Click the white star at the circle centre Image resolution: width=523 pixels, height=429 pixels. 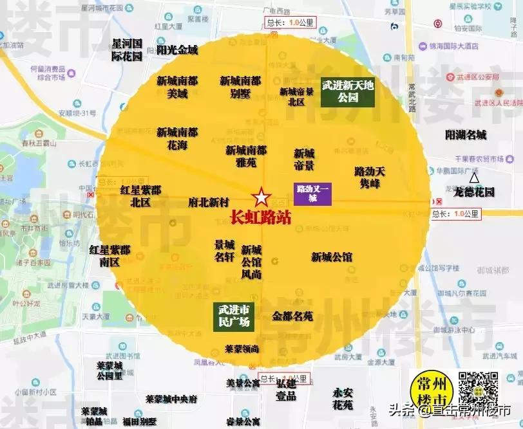[261, 197]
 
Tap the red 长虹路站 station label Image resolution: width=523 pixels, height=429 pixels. [260, 217]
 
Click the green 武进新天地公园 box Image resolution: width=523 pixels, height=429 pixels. [348, 91]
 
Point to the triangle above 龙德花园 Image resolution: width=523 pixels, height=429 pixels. [474, 177]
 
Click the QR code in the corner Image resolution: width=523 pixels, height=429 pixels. [478, 390]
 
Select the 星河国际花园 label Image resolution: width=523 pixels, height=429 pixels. [126, 50]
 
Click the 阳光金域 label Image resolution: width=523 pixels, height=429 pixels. [177, 50]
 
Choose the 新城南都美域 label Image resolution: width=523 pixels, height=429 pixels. [177, 87]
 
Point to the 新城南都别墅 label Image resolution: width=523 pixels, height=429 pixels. [240, 87]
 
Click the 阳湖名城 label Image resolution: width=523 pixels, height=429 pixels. [466, 135]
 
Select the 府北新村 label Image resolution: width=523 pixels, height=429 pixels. [209, 202]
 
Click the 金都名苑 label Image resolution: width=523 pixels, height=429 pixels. [292, 316]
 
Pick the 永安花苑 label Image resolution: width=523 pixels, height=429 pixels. [343, 398]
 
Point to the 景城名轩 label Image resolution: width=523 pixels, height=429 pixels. [224, 251]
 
